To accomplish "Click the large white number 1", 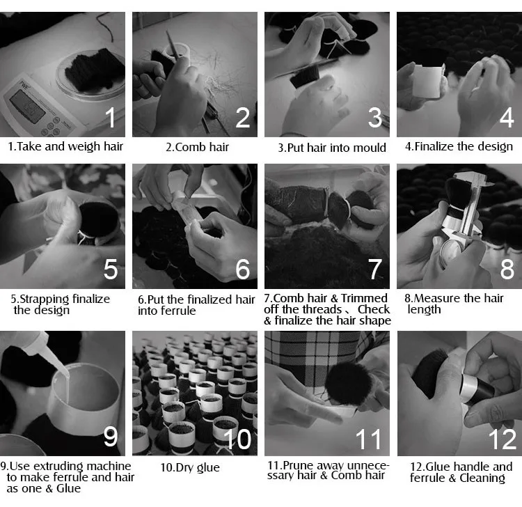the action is pos(110,117).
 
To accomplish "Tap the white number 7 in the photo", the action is pos(375,269).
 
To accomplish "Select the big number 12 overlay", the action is pos(502,439).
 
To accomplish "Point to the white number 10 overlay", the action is pos(237,439).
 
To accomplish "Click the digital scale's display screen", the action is pos(27,107).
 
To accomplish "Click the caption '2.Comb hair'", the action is pos(198,147).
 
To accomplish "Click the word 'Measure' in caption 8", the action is pos(435,298).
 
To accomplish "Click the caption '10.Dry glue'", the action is pos(190,467).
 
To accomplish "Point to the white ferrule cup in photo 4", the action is pos(428,81).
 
